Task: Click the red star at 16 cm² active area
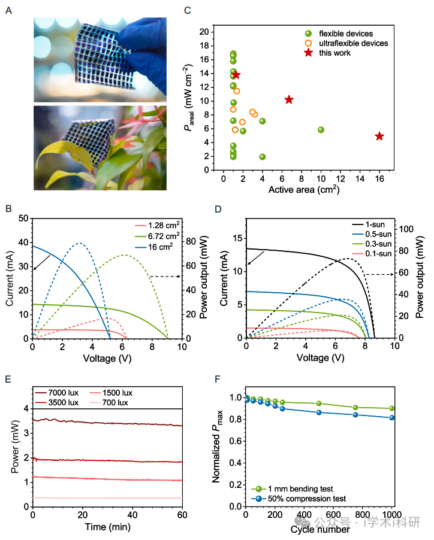(x=379, y=136)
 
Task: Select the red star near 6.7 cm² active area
(x=289, y=99)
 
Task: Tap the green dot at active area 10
(x=321, y=130)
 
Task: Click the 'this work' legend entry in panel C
(x=335, y=53)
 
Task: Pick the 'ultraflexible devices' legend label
(x=353, y=43)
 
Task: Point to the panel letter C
(x=188, y=10)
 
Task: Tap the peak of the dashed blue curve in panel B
(x=79, y=243)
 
